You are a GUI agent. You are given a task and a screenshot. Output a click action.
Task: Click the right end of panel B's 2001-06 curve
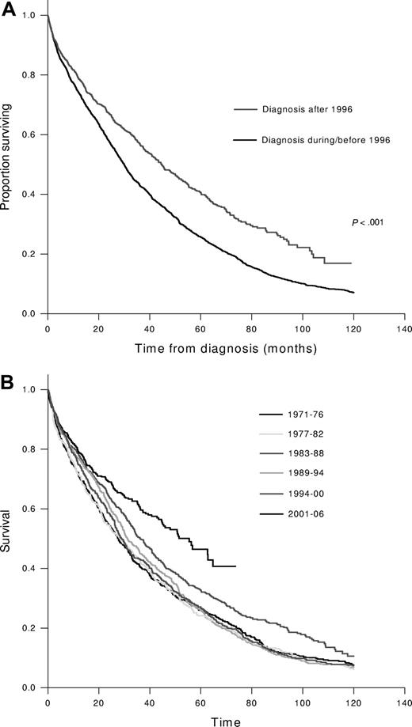[235, 566]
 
